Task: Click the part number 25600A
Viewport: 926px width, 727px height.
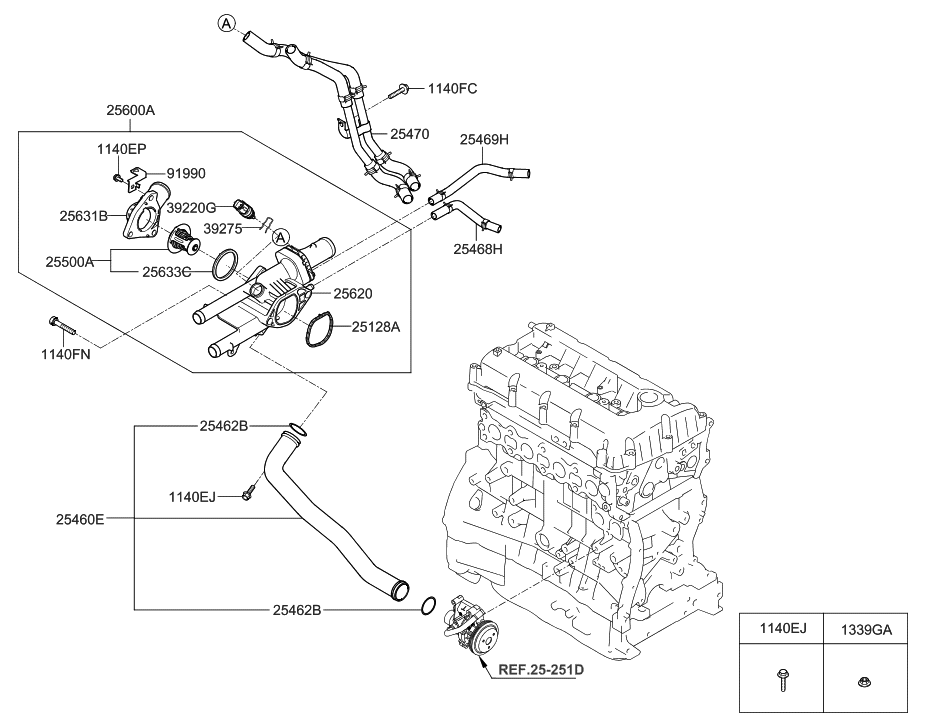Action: pyautogui.click(x=130, y=112)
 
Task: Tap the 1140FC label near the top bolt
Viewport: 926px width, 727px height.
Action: pyautogui.click(x=452, y=89)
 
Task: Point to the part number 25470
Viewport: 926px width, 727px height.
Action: pyautogui.click(x=409, y=132)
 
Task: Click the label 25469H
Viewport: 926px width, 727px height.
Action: pyautogui.click(x=484, y=139)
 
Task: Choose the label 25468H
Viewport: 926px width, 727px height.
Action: pyautogui.click(x=478, y=248)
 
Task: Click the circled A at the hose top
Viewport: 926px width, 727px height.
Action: pyautogui.click(x=227, y=23)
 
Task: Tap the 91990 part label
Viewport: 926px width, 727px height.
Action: pyautogui.click(x=186, y=173)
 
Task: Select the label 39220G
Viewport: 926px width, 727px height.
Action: pyautogui.click(x=191, y=207)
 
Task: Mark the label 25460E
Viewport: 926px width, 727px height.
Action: pyautogui.click(x=80, y=519)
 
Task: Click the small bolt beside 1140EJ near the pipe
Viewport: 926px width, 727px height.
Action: pyautogui.click(x=249, y=493)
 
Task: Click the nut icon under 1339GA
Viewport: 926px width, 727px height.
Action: pyautogui.click(x=863, y=683)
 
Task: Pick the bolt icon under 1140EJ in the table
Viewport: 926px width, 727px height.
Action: pyautogui.click(x=781, y=683)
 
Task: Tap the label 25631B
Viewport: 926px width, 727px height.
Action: pyautogui.click(x=83, y=214)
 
